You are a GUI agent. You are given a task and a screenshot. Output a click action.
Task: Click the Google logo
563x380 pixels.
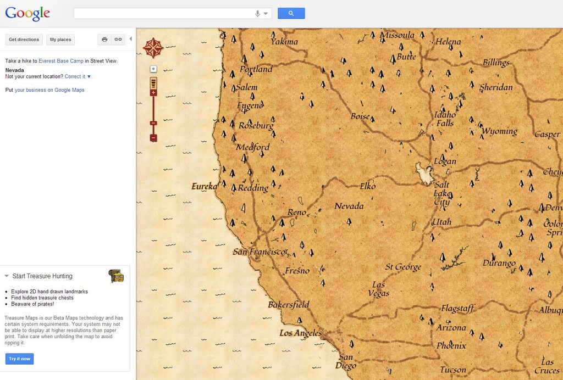pyautogui.click(x=27, y=13)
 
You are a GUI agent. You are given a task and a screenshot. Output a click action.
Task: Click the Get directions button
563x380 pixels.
pyautogui.click(x=24, y=40)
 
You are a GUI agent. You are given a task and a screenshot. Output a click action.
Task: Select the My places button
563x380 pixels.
pyautogui.click(x=60, y=40)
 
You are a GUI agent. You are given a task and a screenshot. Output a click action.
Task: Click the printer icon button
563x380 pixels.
pyautogui.click(x=104, y=40)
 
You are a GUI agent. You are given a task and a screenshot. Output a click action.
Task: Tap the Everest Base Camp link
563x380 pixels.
pyautogui.click(x=61, y=61)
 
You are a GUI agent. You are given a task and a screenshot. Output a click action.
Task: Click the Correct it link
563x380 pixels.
pyautogui.click(x=75, y=76)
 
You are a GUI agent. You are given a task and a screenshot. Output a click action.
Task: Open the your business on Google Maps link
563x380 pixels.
pyautogui.click(x=49, y=90)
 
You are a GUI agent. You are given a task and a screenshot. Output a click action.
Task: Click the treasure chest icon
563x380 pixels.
pyautogui.click(x=116, y=276)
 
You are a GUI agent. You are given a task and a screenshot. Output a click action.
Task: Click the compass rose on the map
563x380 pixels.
pyautogui.click(x=152, y=48)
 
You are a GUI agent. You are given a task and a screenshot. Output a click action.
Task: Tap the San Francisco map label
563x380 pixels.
pyautogui.click(x=259, y=252)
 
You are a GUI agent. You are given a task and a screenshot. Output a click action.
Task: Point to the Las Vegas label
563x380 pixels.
pyautogui.click(x=378, y=289)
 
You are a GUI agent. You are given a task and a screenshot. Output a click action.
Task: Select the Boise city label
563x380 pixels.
pyautogui.click(x=360, y=116)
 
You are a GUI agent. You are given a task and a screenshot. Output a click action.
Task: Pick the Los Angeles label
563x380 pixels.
pyautogui.click(x=300, y=333)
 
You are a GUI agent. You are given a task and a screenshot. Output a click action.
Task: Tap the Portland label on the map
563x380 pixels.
pyautogui.click(x=256, y=69)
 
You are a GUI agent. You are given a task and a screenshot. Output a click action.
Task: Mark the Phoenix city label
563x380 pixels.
pyautogui.click(x=451, y=346)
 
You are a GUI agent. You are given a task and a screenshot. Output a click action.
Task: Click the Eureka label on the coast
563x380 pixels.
pyautogui.click(x=204, y=187)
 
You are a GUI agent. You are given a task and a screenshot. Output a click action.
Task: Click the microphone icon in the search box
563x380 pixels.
pyautogui.click(x=257, y=14)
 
